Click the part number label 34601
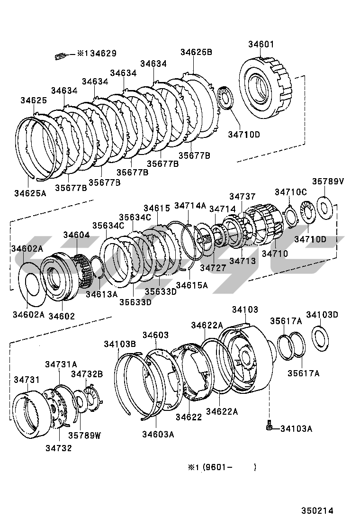pos(261,45)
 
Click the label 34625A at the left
pos(30,193)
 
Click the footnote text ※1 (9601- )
pos(222,467)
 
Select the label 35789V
pos(328,182)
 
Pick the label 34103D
pos(322,315)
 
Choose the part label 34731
pos(27,380)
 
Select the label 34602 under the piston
pos(62,316)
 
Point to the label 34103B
pos(120,344)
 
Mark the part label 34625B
pos(196,52)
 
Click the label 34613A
pos(101,294)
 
